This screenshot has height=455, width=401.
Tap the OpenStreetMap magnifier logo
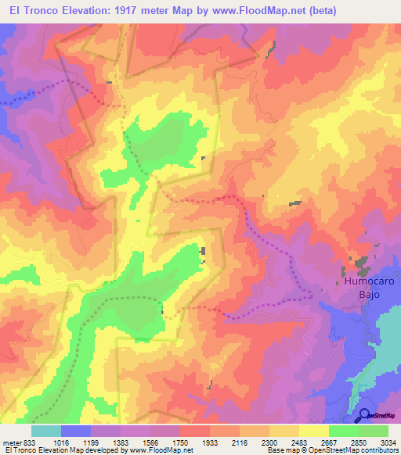coord(365,415)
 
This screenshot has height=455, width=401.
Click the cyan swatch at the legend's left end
coord(46,431)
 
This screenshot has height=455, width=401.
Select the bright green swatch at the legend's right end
coord(374,431)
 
